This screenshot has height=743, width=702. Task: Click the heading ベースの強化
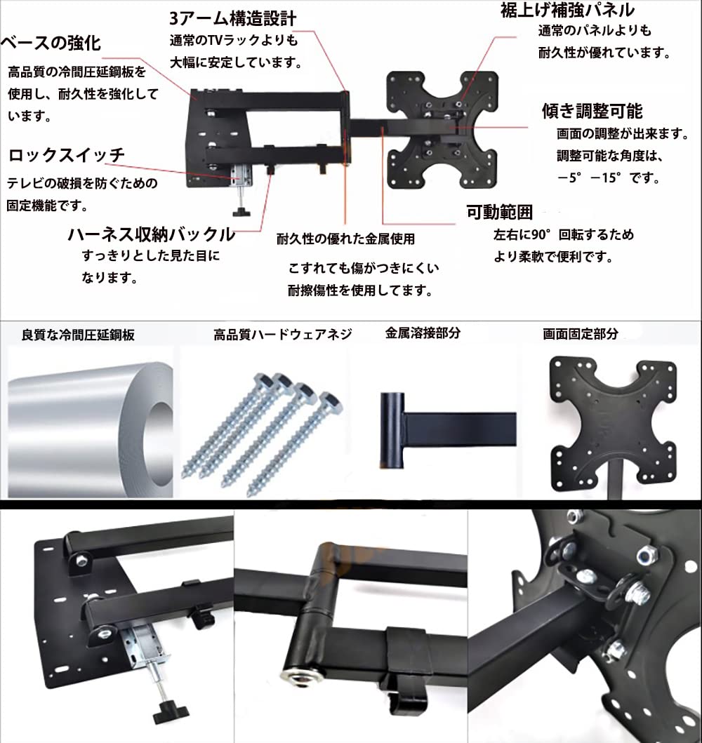(51, 43)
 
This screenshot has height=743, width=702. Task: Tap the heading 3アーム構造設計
(232, 18)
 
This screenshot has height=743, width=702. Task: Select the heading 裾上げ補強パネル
(568, 10)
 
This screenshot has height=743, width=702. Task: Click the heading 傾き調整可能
(592, 111)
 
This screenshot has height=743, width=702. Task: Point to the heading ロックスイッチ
(66, 155)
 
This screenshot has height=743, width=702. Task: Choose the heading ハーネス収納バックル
(151, 234)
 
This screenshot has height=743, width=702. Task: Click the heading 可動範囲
(500, 212)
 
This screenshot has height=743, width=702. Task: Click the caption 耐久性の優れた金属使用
(345, 239)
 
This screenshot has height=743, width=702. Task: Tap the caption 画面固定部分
(581, 335)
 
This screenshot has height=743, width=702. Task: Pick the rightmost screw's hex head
(328, 401)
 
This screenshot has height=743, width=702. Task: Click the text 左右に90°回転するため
(563, 235)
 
